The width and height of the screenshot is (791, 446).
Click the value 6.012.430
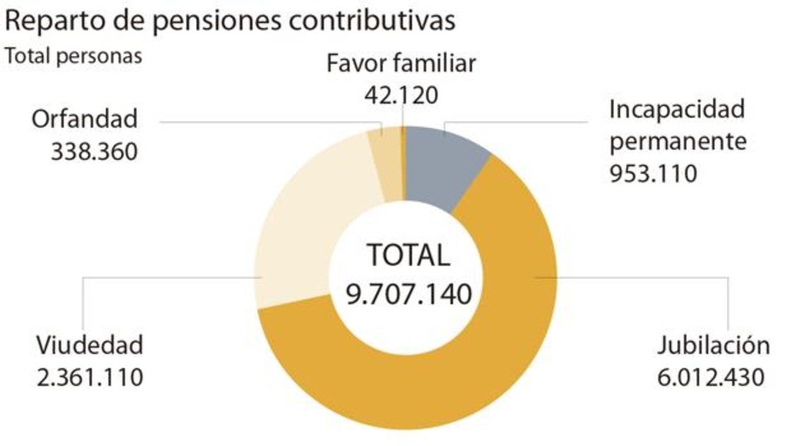click(x=710, y=376)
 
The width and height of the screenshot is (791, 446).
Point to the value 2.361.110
click(x=90, y=376)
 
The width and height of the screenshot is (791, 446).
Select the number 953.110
click(x=652, y=173)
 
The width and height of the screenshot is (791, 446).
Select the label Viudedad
click(x=90, y=345)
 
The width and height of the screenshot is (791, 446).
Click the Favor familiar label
click(x=401, y=64)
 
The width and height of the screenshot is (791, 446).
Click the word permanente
click(x=678, y=141)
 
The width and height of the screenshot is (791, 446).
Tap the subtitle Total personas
click(x=74, y=56)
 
